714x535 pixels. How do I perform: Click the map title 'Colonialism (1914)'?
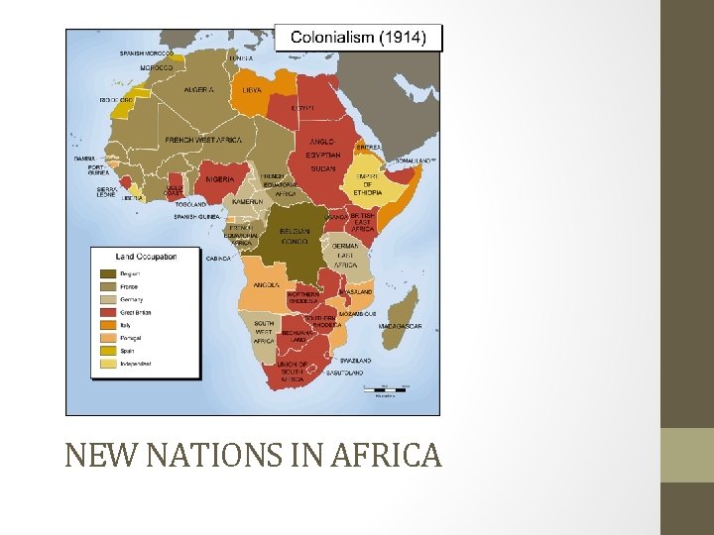(x=358, y=39)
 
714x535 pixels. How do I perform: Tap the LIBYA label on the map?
(x=252, y=89)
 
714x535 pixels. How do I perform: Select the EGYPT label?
(x=303, y=107)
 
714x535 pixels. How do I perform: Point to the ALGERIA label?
(x=198, y=90)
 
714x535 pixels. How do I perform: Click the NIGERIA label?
(x=219, y=179)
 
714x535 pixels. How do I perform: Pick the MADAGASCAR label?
(x=400, y=326)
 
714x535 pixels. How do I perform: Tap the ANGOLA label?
(x=267, y=285)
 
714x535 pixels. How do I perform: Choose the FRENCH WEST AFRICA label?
(x=203, y=141)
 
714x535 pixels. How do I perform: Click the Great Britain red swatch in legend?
(x=106, y=312)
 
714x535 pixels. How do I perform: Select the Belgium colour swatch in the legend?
(x=106, y=273)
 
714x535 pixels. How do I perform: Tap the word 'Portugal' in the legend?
(x=130, y=338)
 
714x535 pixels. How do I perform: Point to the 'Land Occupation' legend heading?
(x=146, y=256)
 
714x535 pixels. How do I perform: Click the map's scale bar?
(x=385, y=388)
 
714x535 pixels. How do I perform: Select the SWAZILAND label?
(x=355, y=360)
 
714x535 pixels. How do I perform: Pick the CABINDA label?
(x=218, y=258)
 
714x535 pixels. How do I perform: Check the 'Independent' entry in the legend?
(x=135, y=364)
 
